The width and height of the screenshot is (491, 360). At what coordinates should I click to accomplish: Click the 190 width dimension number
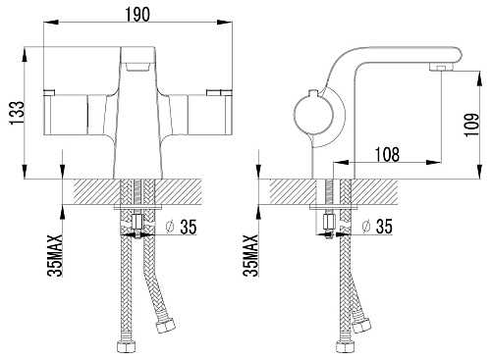(x=137, y=14)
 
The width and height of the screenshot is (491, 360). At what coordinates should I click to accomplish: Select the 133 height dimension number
(x=17, y=113)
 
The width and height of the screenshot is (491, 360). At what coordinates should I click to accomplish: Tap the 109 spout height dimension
(x=471, y=126)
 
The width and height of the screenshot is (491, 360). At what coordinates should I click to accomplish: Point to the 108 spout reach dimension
(x=387, y=154)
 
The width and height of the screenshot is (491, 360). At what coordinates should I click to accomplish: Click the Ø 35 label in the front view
(x=181, y=227)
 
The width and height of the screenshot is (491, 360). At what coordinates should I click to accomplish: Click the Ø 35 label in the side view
(x=377, y=227)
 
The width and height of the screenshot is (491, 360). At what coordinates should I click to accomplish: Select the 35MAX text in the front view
(x=55, y=255)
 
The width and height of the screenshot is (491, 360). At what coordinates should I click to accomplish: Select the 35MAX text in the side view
(x=250, y=255)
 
